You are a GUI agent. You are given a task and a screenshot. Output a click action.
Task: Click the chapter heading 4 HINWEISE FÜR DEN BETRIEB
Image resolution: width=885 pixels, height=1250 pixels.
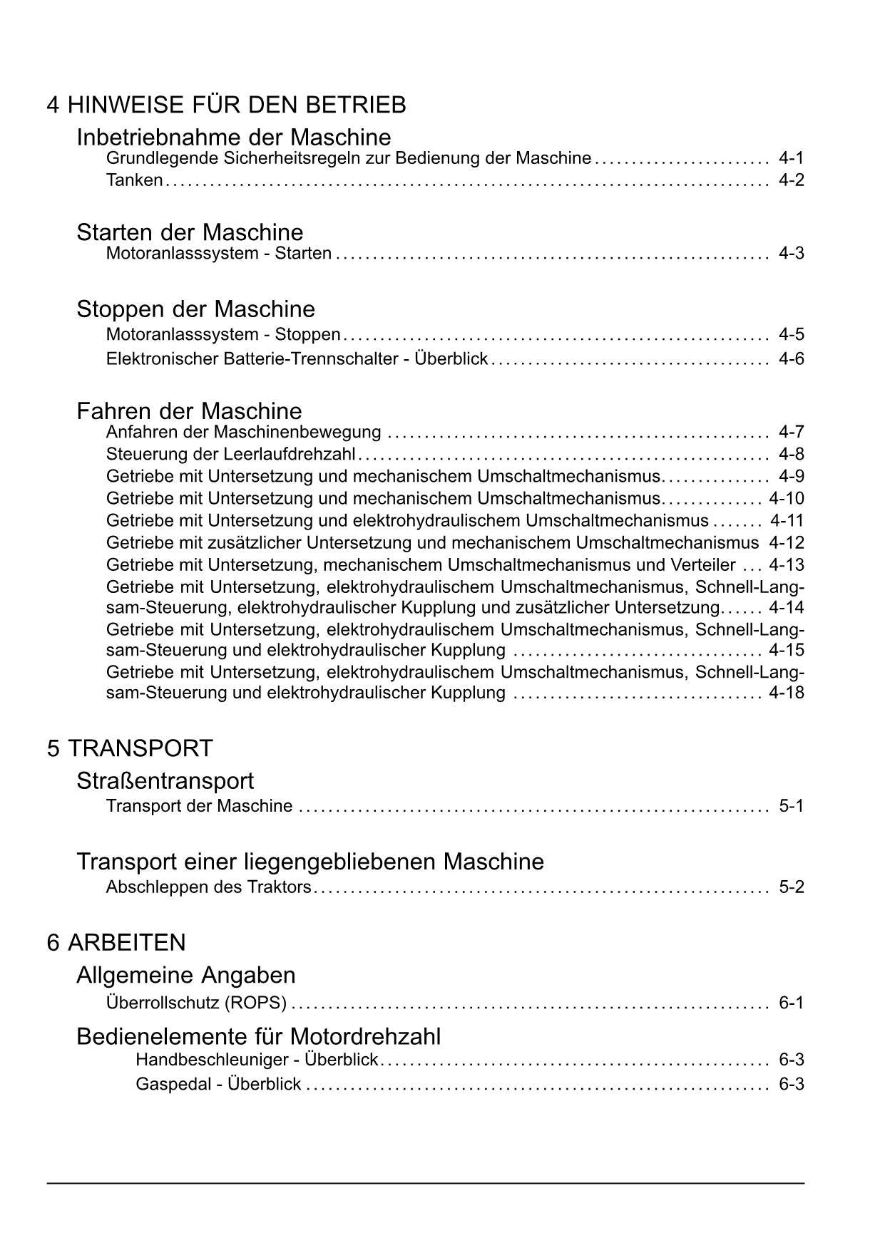tap(226, 105)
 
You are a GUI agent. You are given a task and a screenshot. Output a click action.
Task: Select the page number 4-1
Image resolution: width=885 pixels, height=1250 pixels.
tap(791, 158)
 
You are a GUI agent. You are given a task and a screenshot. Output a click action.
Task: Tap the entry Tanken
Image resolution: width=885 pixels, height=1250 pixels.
tap(134, 180)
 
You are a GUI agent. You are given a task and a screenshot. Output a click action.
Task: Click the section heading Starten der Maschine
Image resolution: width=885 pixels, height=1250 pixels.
tap(190, 232)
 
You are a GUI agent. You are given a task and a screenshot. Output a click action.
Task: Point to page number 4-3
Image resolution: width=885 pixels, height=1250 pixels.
tap(791, 254)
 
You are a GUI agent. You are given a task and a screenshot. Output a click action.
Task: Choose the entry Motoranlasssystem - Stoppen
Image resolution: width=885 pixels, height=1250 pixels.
tap(223, 334)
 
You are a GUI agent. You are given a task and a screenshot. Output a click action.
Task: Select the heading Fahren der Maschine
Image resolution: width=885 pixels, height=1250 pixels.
tap(189, 411)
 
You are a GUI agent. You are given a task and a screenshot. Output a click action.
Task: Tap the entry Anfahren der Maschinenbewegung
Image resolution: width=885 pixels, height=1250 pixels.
tap(243, 432)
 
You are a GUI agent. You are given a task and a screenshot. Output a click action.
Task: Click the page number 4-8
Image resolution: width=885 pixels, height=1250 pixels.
tap(791, 455)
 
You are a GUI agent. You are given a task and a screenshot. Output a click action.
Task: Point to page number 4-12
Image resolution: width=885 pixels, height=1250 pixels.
tap(787, 543)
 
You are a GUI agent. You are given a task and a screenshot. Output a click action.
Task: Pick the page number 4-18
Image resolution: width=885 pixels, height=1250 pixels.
tap(787, 693)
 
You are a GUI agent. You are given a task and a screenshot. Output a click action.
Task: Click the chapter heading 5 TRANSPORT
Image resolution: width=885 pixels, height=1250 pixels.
tap(130, 748)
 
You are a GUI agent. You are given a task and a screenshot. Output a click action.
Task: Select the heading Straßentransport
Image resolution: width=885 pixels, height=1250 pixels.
tap(165, 781)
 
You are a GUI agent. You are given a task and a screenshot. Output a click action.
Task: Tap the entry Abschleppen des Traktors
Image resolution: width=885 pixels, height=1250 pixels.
tap(208, 887)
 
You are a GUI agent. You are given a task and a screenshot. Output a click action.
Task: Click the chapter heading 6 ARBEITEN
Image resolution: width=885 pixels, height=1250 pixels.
tap(116, 943)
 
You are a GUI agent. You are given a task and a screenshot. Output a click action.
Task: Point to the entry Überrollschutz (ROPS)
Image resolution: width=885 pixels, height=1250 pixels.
tap(196, 1003)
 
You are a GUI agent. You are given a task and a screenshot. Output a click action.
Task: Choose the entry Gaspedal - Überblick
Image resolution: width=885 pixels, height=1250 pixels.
tap(218, 1085)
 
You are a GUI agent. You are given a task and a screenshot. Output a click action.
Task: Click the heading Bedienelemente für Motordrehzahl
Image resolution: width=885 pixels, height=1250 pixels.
tap(258, 1036)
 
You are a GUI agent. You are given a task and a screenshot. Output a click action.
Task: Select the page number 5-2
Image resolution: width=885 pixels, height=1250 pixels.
tap(791, 887)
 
